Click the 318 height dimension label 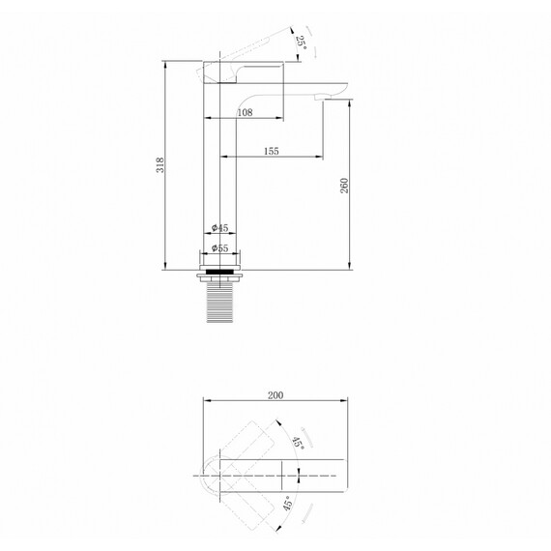160,165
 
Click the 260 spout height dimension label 344,186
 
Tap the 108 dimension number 245,112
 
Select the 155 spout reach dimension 272,151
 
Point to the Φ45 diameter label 220,228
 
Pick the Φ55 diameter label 220,248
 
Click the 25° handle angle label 302,43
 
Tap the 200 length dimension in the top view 275,395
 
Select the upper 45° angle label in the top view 298,443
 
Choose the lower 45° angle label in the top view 288,504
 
